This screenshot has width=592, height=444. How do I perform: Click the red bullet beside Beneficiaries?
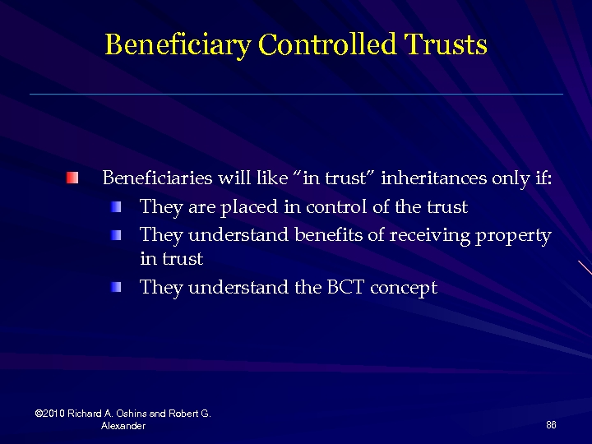[74, 178]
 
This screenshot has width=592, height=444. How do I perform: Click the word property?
[511, 236]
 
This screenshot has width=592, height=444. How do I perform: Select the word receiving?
[428, 236]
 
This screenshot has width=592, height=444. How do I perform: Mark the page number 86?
[551, 424]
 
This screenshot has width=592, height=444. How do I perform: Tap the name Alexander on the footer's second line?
[123, 426]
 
